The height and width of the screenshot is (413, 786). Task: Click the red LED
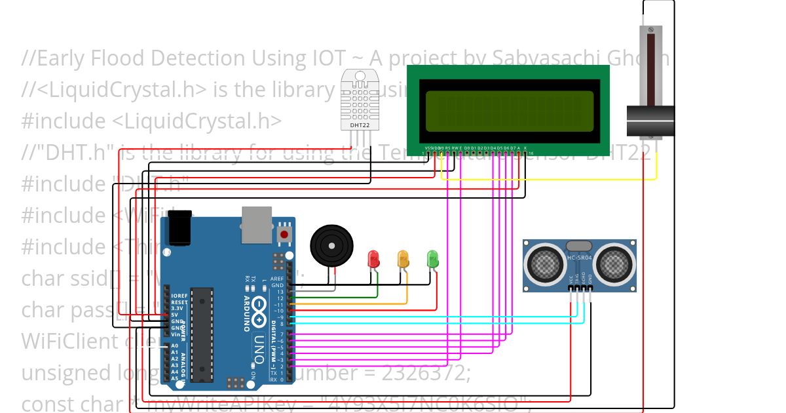(x=374, y=258)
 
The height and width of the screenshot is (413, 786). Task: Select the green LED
(x=432, y=258)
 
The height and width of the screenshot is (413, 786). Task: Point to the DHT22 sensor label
(x=358, y=125)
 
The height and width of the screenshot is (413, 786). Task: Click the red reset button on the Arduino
(x=284, y=234)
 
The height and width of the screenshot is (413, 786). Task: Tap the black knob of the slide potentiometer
(x=650, y=121)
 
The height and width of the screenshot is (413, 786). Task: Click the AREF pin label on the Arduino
(x=278, y=279)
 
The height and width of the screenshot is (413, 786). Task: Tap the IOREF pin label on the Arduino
(x=179, y=296)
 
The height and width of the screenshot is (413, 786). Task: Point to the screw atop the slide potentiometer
(x=650, y=30)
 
